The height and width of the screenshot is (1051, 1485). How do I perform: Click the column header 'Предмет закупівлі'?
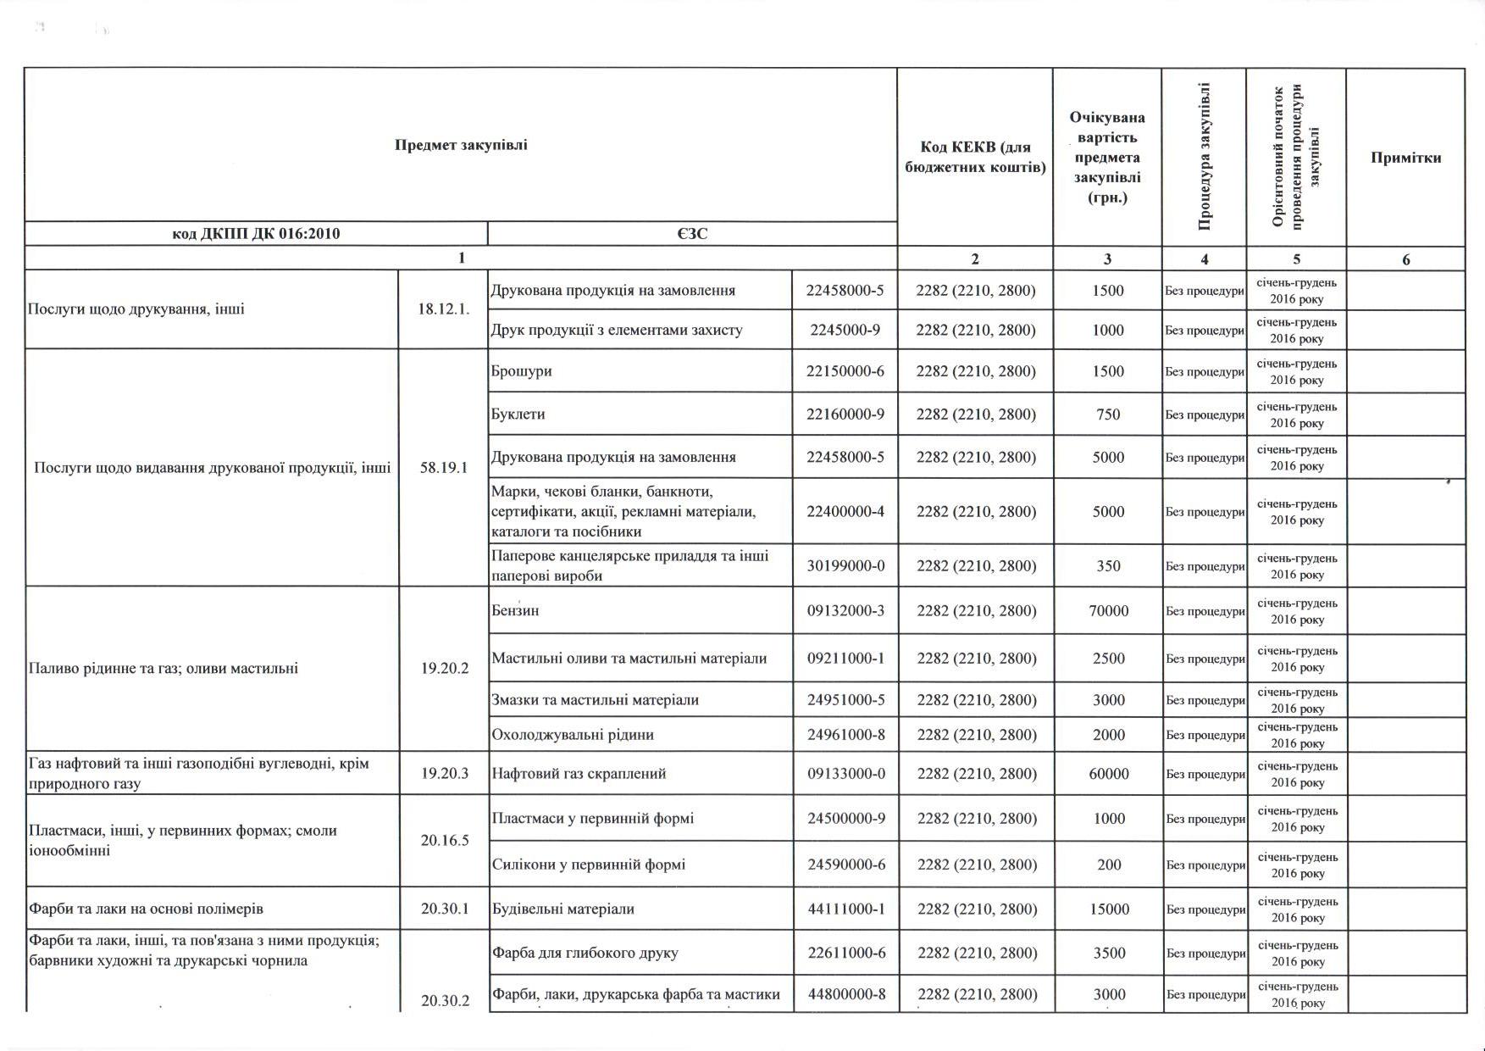[461, 145]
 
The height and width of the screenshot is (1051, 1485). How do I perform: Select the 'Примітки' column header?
[1405, 158]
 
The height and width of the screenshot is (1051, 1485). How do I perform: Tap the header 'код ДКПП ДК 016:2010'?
[256, 233]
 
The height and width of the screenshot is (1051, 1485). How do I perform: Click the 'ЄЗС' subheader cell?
[692, 233]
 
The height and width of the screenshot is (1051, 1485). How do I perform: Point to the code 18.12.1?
[443, 309]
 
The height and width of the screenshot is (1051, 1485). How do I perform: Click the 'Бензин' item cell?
[515, 610]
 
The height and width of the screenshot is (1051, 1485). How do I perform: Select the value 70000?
[1108, 610]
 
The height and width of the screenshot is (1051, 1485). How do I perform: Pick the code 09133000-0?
[845, 773]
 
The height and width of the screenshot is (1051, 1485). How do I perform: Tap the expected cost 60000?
[1108, 773]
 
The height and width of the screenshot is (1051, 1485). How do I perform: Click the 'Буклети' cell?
[518, 414]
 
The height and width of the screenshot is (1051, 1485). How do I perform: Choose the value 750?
[1108, 414]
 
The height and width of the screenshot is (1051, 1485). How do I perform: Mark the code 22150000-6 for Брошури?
[845, 371]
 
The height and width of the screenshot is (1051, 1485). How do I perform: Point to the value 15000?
[1108, 909]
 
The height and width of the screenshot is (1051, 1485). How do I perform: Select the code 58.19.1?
[443, 467]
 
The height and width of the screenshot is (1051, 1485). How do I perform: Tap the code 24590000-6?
[845, 865]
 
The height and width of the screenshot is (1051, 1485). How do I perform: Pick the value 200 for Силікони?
[1108, 865]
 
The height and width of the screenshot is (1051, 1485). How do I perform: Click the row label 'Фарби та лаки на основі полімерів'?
[146, 909]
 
